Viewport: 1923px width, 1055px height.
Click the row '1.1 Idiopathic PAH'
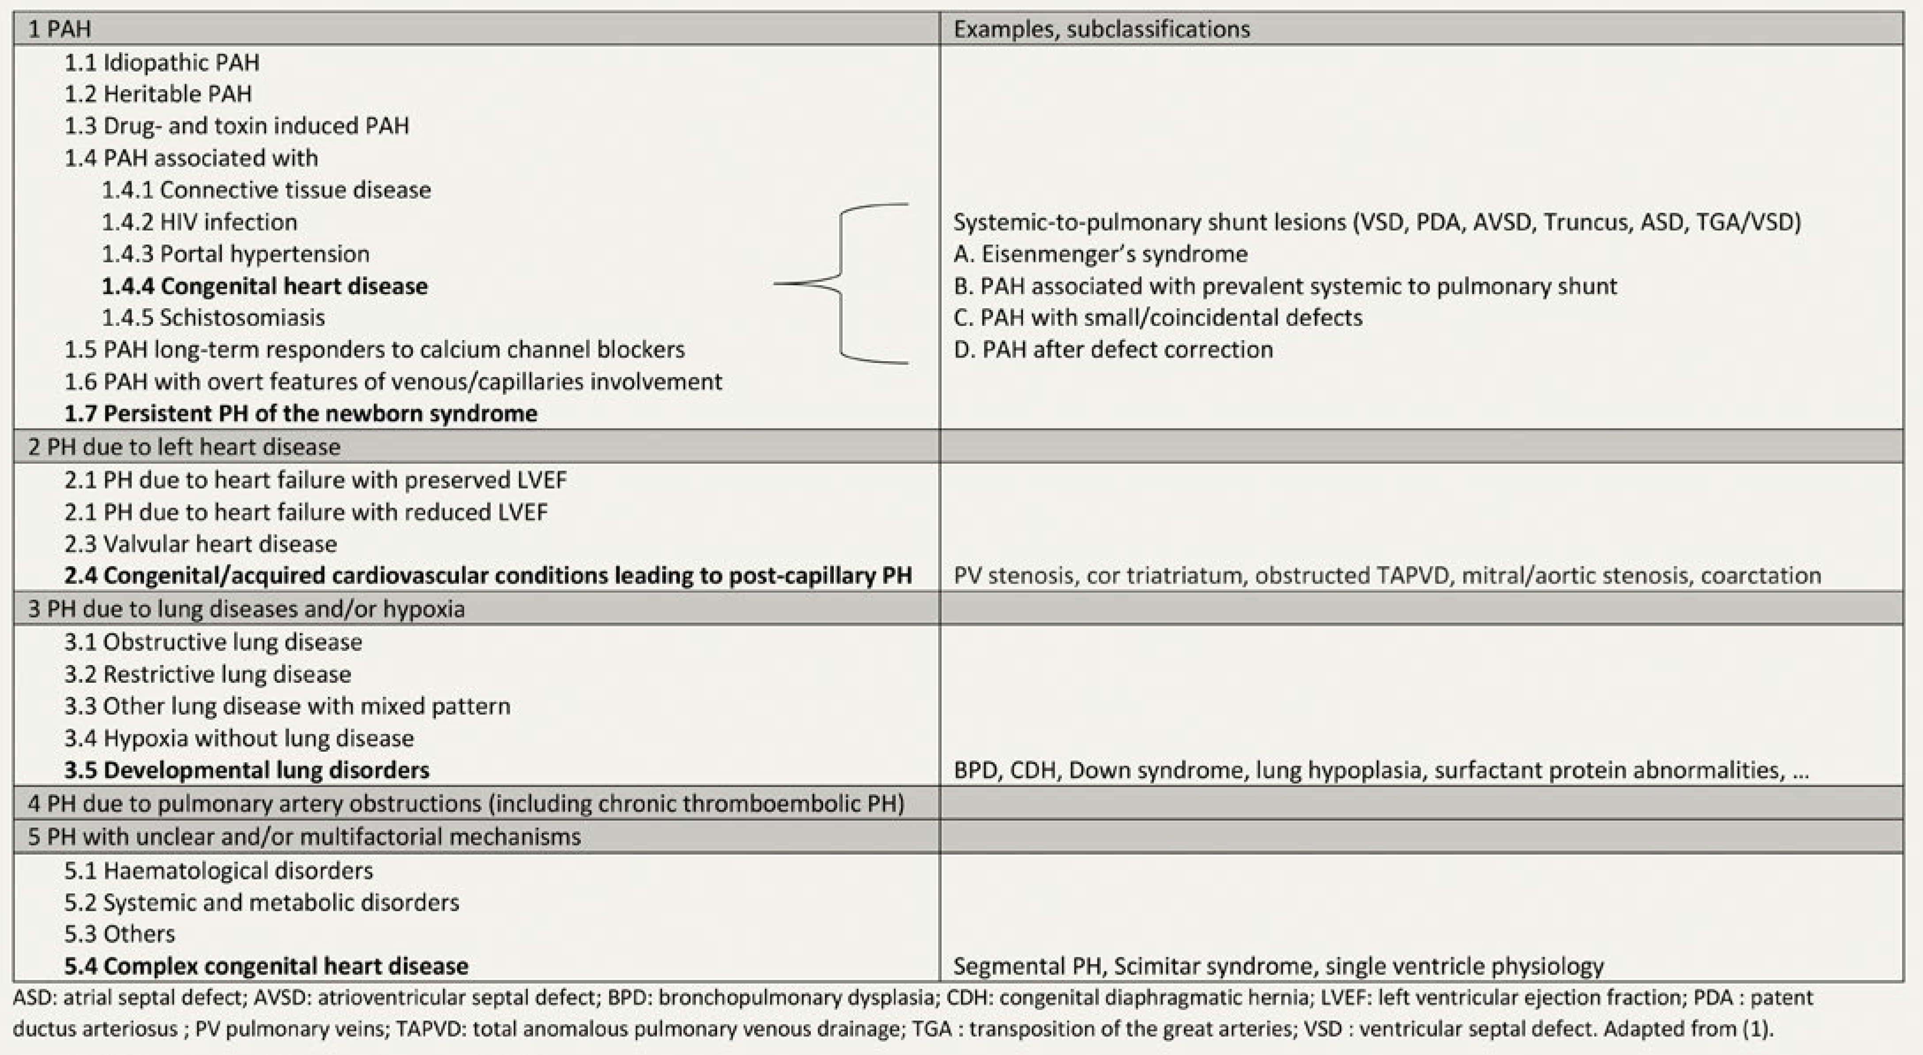pos(162,62)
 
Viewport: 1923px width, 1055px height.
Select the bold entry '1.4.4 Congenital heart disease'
pos(264,286)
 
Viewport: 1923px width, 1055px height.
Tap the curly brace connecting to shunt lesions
pos(841,284)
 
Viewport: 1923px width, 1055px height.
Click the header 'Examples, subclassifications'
pos(1101,29)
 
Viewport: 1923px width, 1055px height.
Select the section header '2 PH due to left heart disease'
pos(184,447)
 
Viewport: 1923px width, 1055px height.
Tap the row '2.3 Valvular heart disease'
pos(200,543)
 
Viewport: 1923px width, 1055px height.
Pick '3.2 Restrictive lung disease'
pos(207,674)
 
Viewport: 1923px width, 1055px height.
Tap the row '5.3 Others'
pos(119,934)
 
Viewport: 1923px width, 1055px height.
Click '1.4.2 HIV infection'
pos(199,222)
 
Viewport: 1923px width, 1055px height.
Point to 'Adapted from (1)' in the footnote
pos(1687,1029)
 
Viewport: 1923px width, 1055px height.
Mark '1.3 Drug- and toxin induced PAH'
pos(237,126)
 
